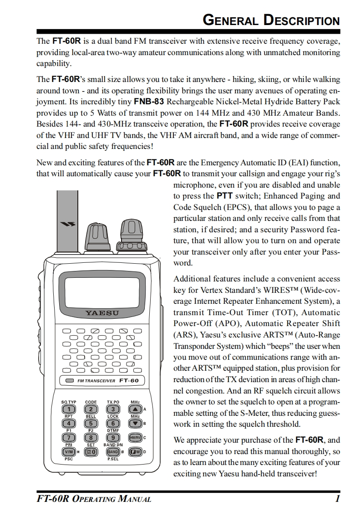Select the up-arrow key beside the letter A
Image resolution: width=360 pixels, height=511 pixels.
pyautogui.click(x=135, y=409)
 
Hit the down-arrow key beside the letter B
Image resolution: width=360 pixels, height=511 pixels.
pyautogui.click(x=135, y=424)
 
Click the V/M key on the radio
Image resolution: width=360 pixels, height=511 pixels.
pyautogui.click(x=69, y=452)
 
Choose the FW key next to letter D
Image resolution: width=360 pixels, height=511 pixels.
pyautogui.click(x=135, y=452)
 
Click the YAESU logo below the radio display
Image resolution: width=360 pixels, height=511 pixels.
pyautogui.click(x=102, y=313)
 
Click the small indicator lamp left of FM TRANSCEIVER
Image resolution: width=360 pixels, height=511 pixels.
pyautogui.click(x=69, y=380)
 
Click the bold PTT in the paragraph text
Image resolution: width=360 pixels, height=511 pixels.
pyautogui.click(x=224, y=196)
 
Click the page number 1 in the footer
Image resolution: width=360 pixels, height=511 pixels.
pyautogui.click(x=337, y=499)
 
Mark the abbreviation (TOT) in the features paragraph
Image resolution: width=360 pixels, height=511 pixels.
pyautogui.click(x=285, y=312)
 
